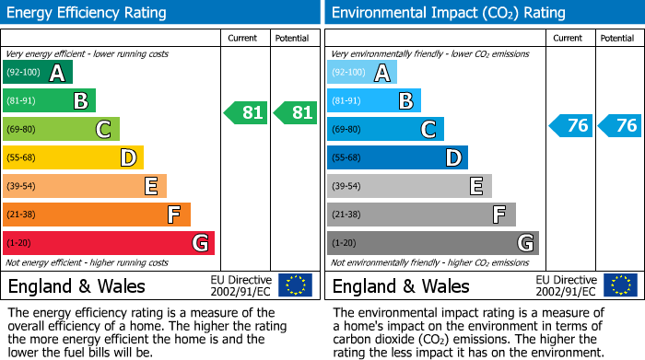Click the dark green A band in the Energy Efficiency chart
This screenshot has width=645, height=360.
37,73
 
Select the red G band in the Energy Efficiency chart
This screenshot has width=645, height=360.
108,243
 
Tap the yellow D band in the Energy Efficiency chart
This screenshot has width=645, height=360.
73,158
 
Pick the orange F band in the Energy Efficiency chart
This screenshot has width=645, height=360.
96,215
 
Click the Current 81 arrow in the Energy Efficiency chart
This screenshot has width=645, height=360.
246,113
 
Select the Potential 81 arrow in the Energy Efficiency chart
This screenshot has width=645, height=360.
295,113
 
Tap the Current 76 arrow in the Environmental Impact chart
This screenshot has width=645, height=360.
570,126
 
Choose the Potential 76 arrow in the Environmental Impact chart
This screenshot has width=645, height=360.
619,126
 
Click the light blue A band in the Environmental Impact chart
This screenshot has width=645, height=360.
361,73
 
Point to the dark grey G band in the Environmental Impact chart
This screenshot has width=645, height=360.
432,243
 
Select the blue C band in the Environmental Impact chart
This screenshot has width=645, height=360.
385,130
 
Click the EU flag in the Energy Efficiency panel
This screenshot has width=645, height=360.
295,285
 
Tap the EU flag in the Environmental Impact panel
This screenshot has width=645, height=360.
619,285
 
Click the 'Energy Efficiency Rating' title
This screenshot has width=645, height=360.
88,13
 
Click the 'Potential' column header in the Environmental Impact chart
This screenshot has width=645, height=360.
616,38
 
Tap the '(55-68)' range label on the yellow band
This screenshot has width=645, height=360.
22,158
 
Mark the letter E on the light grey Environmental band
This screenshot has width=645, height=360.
476,186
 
